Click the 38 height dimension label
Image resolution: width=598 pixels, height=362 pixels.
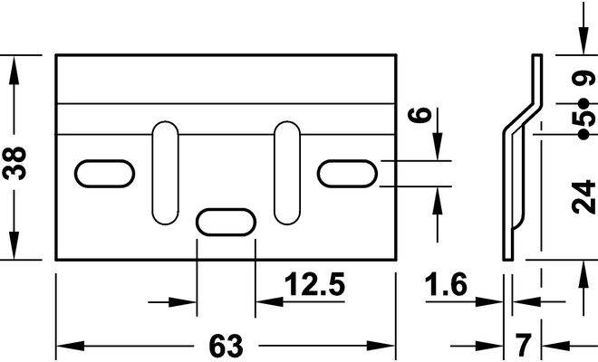pos(14,163)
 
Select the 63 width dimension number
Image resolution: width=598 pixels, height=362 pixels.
pos(226,346)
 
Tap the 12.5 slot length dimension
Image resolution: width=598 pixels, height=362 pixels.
pos(314,284)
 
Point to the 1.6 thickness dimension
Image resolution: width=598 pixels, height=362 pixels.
pos(446,284)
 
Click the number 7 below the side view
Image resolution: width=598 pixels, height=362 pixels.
pos(523,345)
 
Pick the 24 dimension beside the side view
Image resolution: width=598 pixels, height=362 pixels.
pos(584,197)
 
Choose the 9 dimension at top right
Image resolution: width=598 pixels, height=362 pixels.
pos(584,78)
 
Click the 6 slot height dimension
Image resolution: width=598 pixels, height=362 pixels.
pos(420,115)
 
